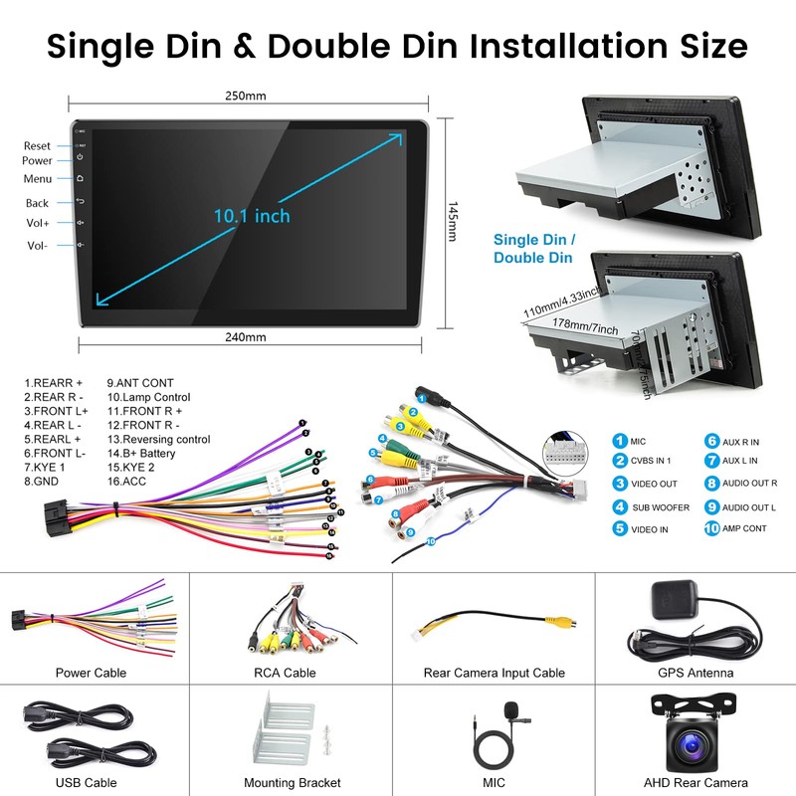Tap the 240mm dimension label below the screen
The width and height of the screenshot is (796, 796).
coord(246,337)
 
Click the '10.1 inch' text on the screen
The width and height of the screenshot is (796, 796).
coord(251,215)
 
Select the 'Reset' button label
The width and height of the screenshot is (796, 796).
coord(38,146)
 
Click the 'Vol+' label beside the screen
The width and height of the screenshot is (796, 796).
coord(38,223)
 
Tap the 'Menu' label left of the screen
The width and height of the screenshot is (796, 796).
coord(38,179)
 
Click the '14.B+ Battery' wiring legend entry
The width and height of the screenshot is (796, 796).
coord(141,453)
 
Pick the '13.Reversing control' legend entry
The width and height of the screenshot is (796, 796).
coord(158,439)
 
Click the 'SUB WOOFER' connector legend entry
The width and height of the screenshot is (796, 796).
coord(660,507)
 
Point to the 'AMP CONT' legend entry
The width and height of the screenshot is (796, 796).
coord(744,528)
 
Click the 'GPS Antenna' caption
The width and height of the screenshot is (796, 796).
coord(696,673)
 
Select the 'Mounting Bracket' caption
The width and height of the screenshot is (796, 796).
coord(293,783)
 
